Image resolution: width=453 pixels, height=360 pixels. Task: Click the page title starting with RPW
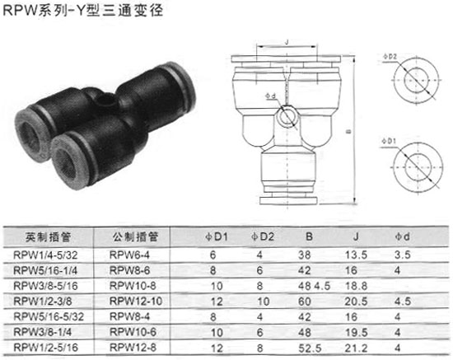82,11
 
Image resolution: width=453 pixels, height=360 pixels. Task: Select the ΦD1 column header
217,237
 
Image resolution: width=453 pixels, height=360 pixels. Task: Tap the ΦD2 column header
263,237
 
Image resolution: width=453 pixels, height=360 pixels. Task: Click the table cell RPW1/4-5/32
45,255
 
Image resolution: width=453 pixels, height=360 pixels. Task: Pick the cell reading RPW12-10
136,302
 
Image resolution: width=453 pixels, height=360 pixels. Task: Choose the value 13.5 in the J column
356,255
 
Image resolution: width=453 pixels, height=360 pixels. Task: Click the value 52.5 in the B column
310,348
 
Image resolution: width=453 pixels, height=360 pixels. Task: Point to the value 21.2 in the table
356,348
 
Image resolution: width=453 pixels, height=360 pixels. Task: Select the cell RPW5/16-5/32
49,316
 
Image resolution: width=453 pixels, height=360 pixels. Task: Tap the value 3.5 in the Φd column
403,255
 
